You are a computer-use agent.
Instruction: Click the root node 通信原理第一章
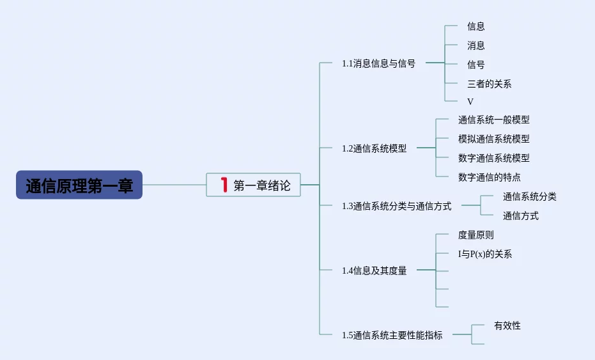[x=79, y=185]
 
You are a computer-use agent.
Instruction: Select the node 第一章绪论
[x=253, y=185]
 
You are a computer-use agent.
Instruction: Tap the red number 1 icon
[x=224, y=185]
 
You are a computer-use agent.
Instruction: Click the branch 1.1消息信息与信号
[x=378, y=63]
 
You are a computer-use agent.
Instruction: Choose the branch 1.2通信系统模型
[x=374, y=148]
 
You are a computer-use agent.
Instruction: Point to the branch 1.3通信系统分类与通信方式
[x=396, y=206]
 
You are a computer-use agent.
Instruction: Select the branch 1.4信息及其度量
[x=374, y=270]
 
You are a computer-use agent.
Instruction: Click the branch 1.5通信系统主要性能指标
[x=392, y=335]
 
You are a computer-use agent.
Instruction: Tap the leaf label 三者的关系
[x=489, y=84]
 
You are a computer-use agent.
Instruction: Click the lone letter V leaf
[x=470, y=102]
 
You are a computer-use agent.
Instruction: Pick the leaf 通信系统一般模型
[x=493, y=120]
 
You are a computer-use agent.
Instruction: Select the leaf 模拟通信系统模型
[x=493, y=139]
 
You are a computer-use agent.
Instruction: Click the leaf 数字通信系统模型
[x=493, y=158]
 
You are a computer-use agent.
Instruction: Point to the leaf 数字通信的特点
[x=489, y=177]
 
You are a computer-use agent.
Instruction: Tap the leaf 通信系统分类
[x=529, y=197]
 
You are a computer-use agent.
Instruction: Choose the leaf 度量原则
[x=476, y=235]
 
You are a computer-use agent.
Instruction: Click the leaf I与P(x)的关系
[x=485, y=254]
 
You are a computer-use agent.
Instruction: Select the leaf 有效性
[x=507, y=325]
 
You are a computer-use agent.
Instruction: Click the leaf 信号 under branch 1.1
[x=476, y=65]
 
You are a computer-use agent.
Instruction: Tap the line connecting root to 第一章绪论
[x=174, y=185]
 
